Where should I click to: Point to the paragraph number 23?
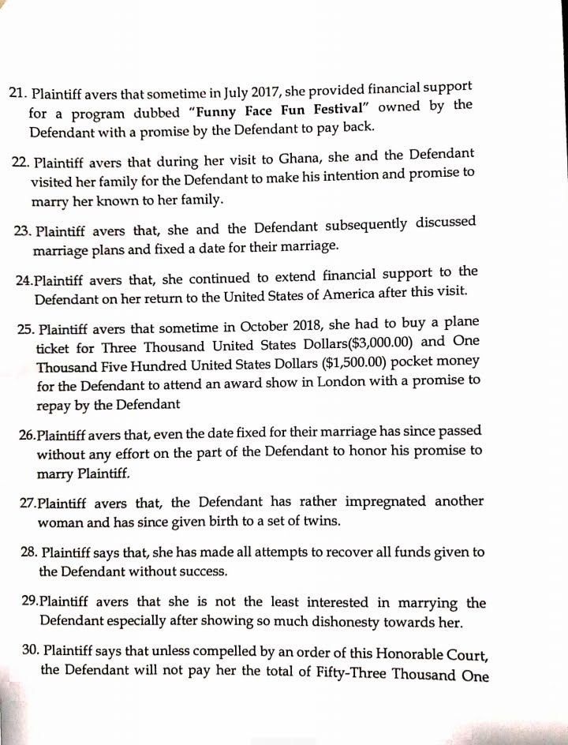24,231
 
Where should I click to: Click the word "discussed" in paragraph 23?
443,223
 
